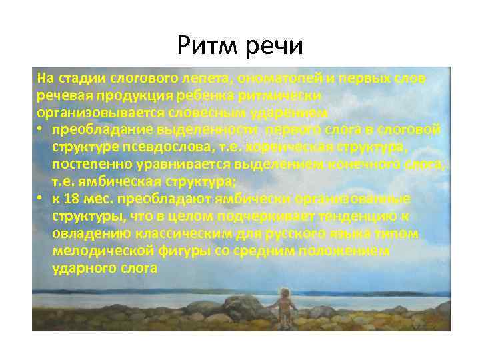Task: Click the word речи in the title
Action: pyautogui.click(x=275, y=46)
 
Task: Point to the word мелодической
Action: pyautogui.click(x=97, y=251)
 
